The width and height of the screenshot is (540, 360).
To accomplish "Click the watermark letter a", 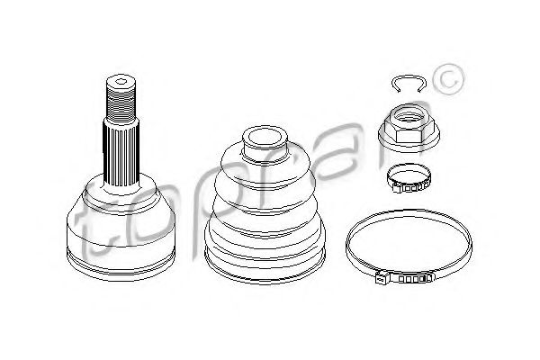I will point(360,171).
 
